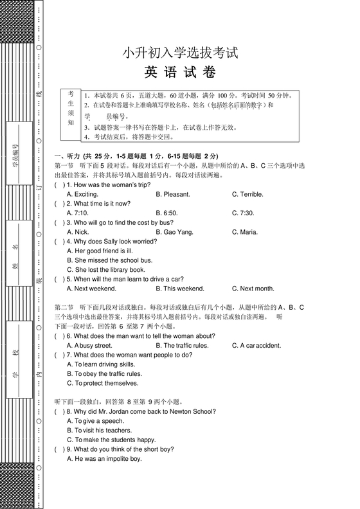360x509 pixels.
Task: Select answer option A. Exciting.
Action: tap(82, 194)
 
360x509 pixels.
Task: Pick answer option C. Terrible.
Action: tap(248, 194)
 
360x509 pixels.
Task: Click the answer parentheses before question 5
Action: tap(59, 280)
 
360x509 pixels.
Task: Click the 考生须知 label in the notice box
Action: tap(71, 107)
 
